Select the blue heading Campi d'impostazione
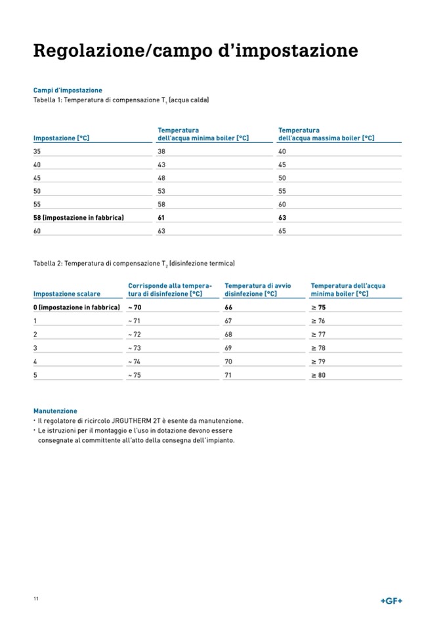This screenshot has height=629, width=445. point(68,90)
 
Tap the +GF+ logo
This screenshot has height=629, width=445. point(392,601)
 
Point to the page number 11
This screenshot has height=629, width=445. point(36,598)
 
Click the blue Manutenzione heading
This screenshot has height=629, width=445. point(55,411)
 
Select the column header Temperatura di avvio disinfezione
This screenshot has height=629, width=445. point(257,290)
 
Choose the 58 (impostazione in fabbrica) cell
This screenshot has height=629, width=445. point(79,217)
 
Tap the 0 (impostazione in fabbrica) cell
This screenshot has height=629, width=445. point(77,307)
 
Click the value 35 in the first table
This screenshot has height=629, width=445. point(37,151)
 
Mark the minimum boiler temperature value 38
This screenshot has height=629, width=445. point(161,151)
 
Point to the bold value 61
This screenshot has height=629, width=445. point(161,217)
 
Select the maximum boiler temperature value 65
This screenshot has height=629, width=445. point(282,231)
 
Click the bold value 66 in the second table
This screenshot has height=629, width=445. point(228,307)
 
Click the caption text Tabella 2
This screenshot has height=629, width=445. point(47,263)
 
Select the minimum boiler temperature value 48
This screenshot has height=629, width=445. point(161,178)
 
